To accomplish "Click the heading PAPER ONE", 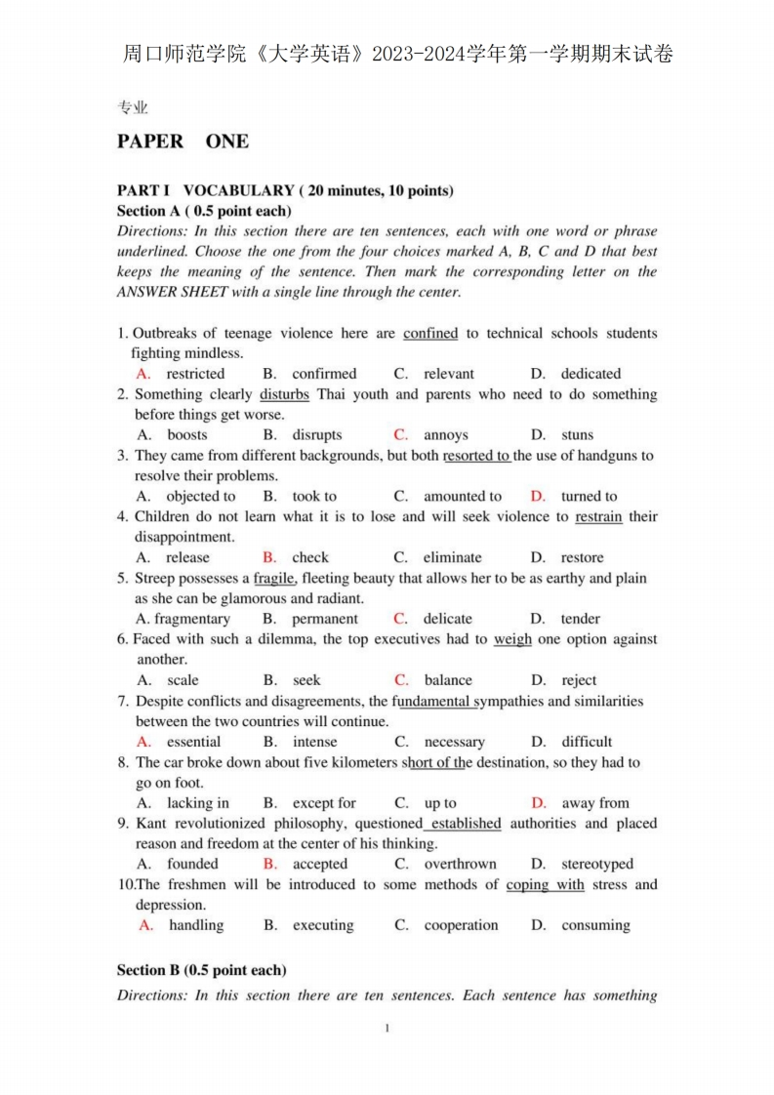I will click(x=183, y=142).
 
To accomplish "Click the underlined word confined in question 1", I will click(x=429, y=334).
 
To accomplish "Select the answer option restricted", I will click(x=194, y=374).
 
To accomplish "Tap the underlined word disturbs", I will click(x=284, y=394).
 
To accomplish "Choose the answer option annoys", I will click(x=445, y=435).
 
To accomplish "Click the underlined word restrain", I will click(x=598, y=517).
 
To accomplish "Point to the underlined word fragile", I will click(x=273, y=579).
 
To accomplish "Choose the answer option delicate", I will click(x=447, y=619).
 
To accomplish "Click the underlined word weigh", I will click(x=512, y=640).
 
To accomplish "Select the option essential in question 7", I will click(x=194, y=742).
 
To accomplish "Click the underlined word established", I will click(x=466, y=824).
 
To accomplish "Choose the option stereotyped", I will click(x=596, y=864).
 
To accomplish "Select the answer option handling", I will click(x=195, y=925).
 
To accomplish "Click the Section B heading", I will click(x=201, y=970).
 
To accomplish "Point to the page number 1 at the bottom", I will click(x=387, y=1028).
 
